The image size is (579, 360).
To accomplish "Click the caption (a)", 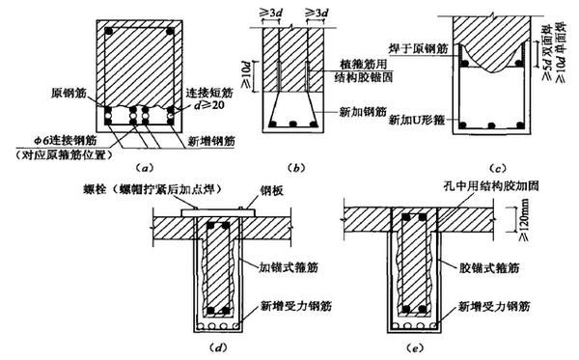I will click(x=142, y=166).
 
